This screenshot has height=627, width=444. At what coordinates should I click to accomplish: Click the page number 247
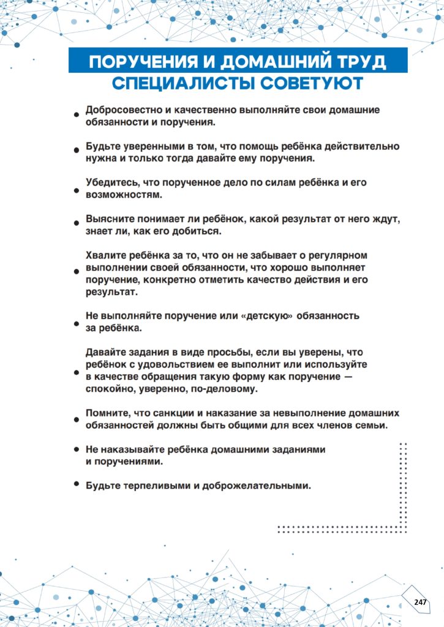click(x=420, y=602)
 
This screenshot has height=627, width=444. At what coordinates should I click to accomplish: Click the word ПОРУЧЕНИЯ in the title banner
click(x=141, y=62)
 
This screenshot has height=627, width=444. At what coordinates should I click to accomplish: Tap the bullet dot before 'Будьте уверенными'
click(x=77, y=149)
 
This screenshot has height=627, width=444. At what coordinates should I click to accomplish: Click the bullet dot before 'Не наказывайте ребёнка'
click(x=77, y=449)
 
